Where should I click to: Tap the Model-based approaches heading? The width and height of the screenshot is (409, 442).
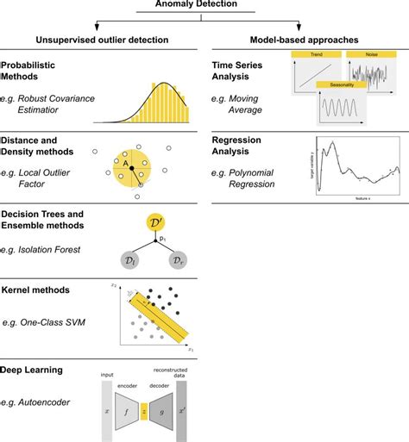(x=305, y=40)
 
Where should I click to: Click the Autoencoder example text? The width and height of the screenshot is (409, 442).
(x=47, y=402)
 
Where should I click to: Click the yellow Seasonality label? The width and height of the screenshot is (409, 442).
(x=334, y=85)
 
